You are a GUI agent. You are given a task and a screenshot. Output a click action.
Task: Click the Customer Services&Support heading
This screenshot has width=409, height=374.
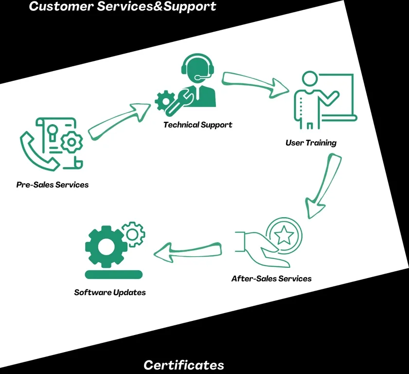pyautogui.click(x=123, y=7)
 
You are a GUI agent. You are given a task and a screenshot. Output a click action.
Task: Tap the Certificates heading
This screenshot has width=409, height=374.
pyautogui.click(x=184, y=365)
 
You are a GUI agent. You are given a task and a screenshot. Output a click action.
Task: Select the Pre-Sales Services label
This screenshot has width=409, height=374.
pyautogui.click(x=53, y=185)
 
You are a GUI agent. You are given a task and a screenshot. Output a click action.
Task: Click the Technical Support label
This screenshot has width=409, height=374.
pyautogui.click(x=197, y=125)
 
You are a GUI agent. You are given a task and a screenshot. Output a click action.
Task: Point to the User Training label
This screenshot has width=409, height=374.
pyautogui.click(x=311, y=143)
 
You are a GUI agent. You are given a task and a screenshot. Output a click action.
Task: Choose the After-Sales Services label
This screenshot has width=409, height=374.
pyautogui.click(x=271, y=279)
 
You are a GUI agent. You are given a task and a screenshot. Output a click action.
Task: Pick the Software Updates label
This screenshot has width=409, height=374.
pyautogui.click(x=110, y=292)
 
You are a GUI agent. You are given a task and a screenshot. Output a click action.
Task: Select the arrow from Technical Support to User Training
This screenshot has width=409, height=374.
pyautogui.click(x=255, y=83)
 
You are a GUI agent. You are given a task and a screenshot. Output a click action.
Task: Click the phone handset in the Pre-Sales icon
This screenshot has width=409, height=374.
pyautogui.click(x=38, y=148)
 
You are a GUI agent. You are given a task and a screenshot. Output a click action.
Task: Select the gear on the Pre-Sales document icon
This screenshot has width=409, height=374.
pyautogui.click(x=72, y=143)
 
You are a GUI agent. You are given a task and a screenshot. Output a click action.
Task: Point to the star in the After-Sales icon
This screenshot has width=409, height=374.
pyautogui.click(x=284, y=236)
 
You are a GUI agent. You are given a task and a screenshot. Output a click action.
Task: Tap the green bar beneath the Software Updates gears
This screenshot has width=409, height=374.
pyautogui.click(x=113, y=274)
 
